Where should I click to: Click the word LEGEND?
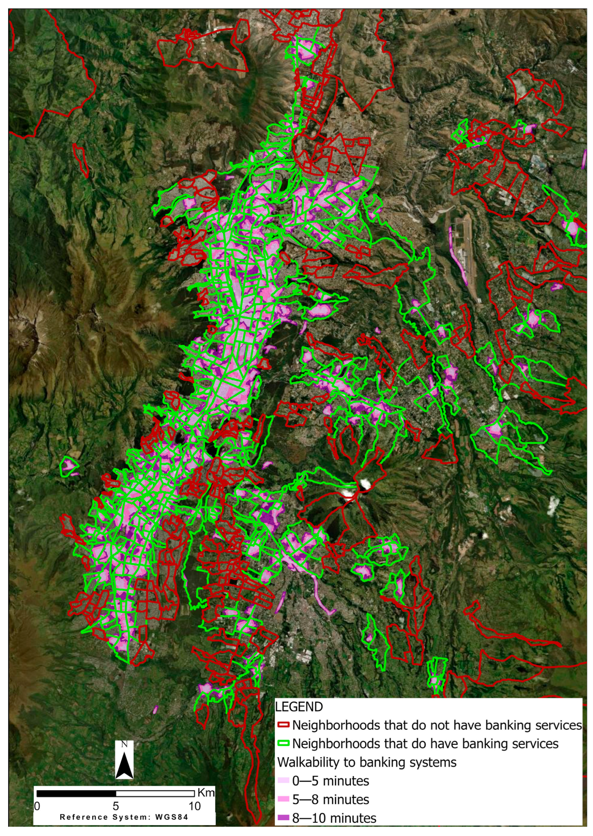pos(299,707)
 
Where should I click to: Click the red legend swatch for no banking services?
pos(283,725)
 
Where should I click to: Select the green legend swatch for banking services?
pos(283,744)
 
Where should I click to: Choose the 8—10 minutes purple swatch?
pos(283,818)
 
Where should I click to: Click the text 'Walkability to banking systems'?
pos(367,762)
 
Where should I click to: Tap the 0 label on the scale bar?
pos(37,806)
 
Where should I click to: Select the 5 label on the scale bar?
pos(116,806)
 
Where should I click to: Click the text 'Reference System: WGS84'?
pos(124,817)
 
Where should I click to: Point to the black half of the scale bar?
pos(76,794)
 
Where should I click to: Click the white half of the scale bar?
pos(155,794)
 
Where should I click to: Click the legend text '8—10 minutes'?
pos(334,818)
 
